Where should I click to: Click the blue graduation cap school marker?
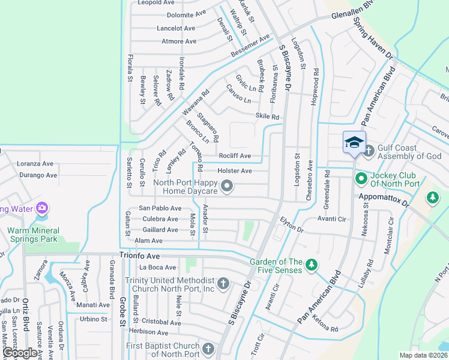coord(354,143)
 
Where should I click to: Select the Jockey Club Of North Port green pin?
coord(361,178)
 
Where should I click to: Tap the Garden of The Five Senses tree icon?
coord(311,264)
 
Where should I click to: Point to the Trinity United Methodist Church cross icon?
coord(223,283)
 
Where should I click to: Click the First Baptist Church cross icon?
coord(208,349)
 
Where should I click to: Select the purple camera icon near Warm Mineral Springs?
coord(42,209)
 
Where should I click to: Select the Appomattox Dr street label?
coord(383,196)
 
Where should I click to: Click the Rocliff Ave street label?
coord(234,156)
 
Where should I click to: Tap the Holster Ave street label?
coord(234,171)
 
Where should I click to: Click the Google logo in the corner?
coord(19,353)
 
